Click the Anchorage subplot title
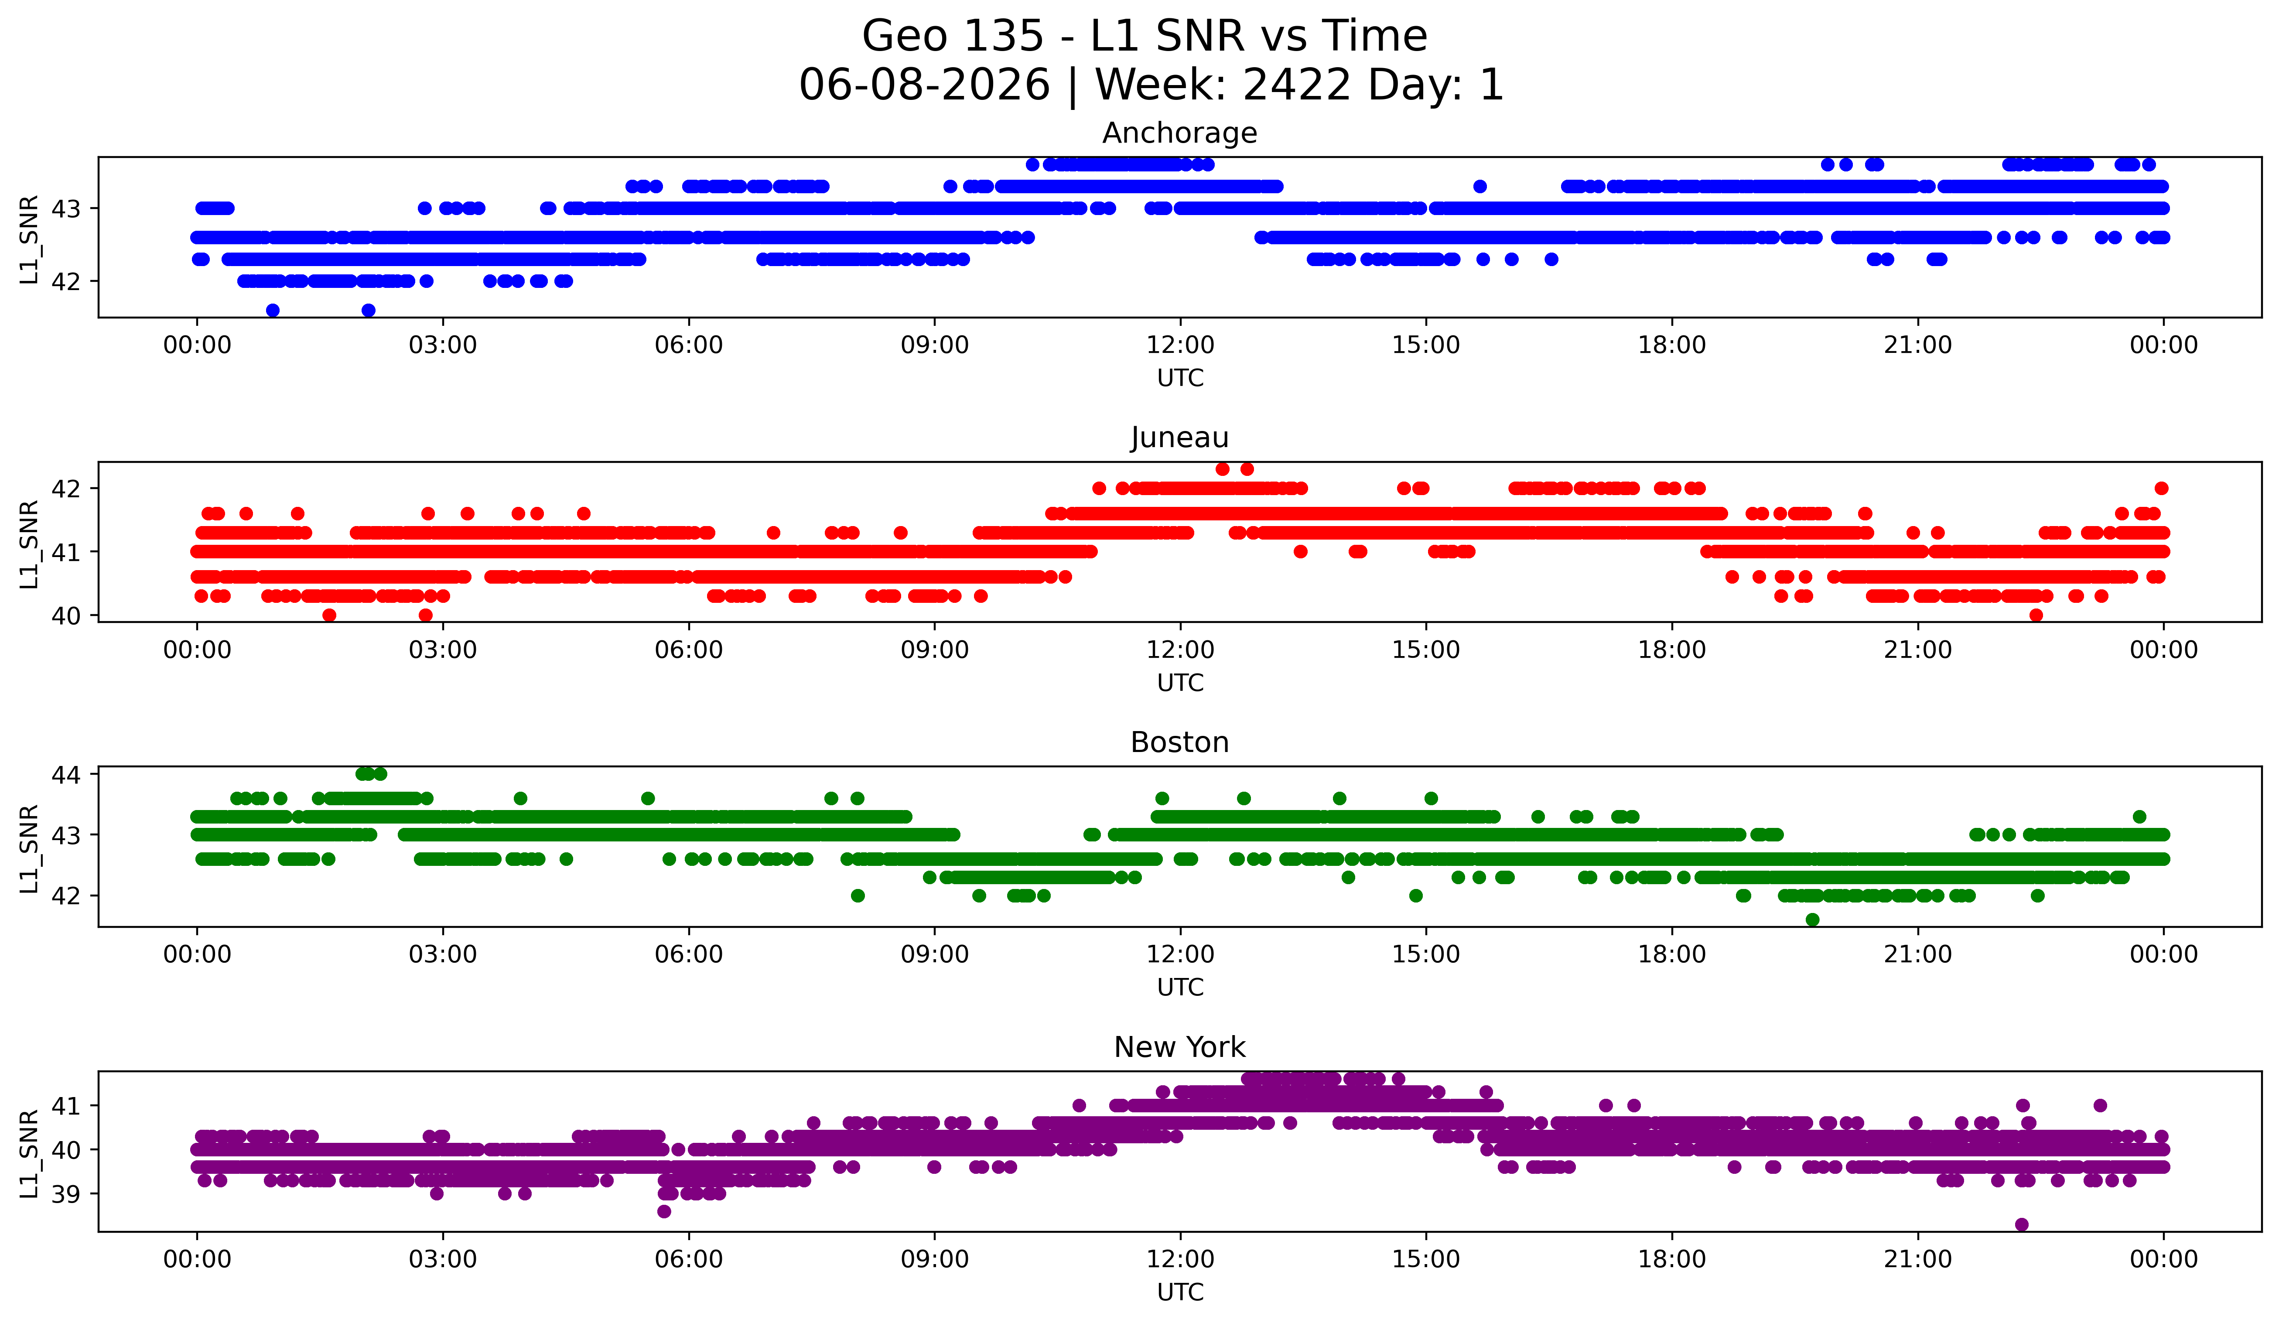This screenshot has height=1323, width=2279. [1179, 133]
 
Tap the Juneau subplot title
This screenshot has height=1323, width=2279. [1179, 438]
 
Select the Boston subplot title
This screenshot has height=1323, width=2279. [1179, 742]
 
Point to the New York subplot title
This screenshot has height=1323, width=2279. [1179, 1047]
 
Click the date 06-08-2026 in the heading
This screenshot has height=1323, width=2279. [924, 85]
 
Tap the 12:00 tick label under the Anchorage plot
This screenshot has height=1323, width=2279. [1180, 345]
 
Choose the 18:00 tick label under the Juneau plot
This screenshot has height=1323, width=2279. [1671, 650]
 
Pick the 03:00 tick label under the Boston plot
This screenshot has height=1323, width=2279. [443, 954]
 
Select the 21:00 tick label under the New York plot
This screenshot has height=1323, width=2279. [1917, 1259]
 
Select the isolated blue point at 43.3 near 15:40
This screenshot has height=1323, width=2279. [1479, 186]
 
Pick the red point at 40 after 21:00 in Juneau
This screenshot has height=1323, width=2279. [2036, 615]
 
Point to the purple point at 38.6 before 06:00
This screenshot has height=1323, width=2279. [664, 1211]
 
